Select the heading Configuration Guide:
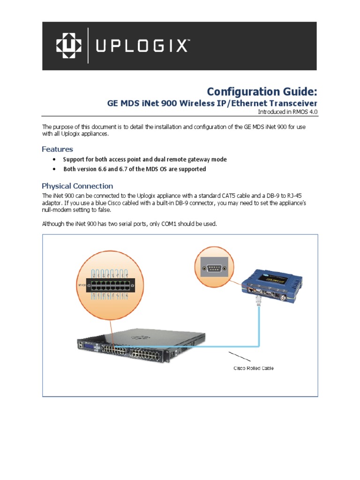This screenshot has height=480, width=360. pyautogui.click(x=262, y=91)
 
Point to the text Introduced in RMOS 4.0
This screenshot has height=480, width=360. pyautogui.click(x=287, y=112)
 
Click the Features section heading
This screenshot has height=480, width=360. pyautogui.click(x=57, y=149)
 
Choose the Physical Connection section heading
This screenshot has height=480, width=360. pyautogui.click(x=77, y=186)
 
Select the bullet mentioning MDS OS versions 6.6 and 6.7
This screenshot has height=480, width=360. pyautogui.click(x=135, y=169)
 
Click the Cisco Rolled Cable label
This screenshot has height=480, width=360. pyautogui.click(x=254, y=368)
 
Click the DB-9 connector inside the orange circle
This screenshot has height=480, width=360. pyautogui.click(x=214, y=269)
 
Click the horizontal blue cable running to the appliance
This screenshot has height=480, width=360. pyautogui.click(x=211, y=346)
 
